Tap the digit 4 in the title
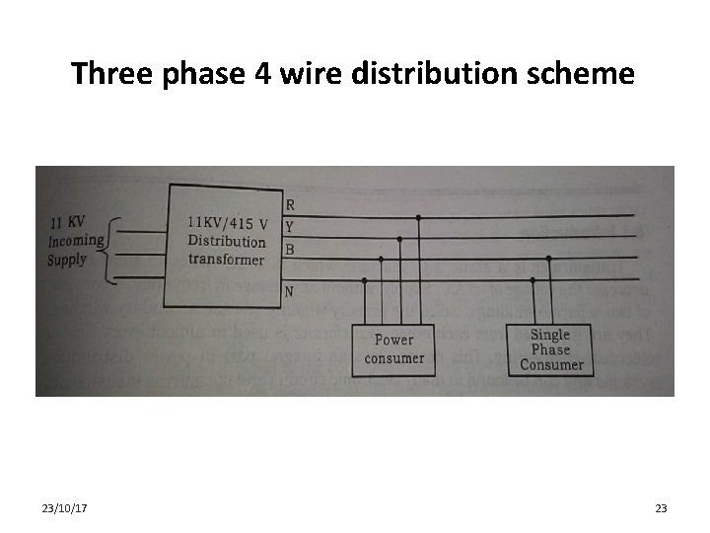(262, 73)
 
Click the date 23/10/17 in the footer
(65, 508)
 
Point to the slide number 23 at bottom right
(661, 508)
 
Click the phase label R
(289, 205)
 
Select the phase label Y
(289, 226)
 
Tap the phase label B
(289, 249)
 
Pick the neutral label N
(289, 291)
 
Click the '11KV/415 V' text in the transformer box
(227, 222)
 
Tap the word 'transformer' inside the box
(227, 260)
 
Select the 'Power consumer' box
(394, 348)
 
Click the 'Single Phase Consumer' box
(551, 349)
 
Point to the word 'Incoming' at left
(76, 242)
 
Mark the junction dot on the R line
(419, 217)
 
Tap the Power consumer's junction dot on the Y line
(399, 238)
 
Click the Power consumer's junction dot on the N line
(366, 280)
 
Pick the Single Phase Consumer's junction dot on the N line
(532, 280)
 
